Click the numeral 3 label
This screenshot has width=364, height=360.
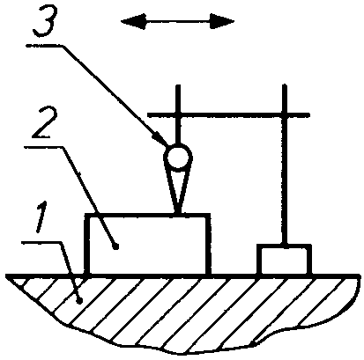pyautogui.click(x=45, y=22)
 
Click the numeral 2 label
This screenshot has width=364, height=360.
pyautogui.click(x=44, y=123)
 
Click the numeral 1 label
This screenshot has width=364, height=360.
pyautogui.click(x=42, y=217)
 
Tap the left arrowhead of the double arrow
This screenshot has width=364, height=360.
pyautogui.click(x=133, y=21)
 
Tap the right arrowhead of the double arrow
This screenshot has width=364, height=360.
pyautogui.click(x=222, y=21)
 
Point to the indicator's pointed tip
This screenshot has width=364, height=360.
pyautogui.click(x=178, y=213)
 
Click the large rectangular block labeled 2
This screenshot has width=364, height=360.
pyautogui.click(x=147, y=244)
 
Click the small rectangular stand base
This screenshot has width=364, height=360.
pyautogui.click(x=284, y=260)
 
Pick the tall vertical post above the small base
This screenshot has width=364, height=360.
pyautogui.click(x=284, y=165)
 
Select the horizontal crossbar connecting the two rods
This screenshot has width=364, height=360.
pyautogui.click(x=228, y=114)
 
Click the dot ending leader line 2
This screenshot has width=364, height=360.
pyautogui.click(x=116, y=246)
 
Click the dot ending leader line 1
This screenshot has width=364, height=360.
pyautogui.click(x=78, y=300)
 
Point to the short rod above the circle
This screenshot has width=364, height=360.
pyautogui.click(x=178, y=114)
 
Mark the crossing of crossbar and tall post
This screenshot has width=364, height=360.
pyautogui.click(x=284, y=114)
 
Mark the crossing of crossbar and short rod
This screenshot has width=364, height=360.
pyautogui.click(x=178, y=114)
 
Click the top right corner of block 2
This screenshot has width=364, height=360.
pyautogui.click(x=210, y=215)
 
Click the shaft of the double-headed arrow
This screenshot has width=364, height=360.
pyautogui.click(x=178, y=21)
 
